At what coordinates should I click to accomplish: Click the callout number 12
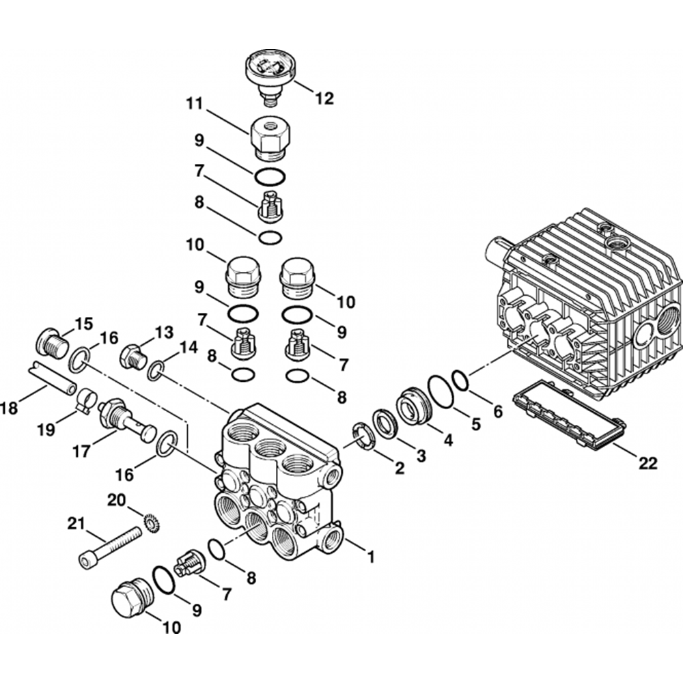pos(324,98)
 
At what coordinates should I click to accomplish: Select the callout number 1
pos(371,557)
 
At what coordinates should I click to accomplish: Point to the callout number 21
pos(76,523)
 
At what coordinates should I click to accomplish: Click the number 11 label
pos(195,104)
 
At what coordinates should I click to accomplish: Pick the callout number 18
pos(10,408)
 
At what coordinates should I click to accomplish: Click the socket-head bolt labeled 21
pos(111,548)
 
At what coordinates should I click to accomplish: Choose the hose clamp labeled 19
pos(87,400)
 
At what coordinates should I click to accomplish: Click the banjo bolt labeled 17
pos(127,419)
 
